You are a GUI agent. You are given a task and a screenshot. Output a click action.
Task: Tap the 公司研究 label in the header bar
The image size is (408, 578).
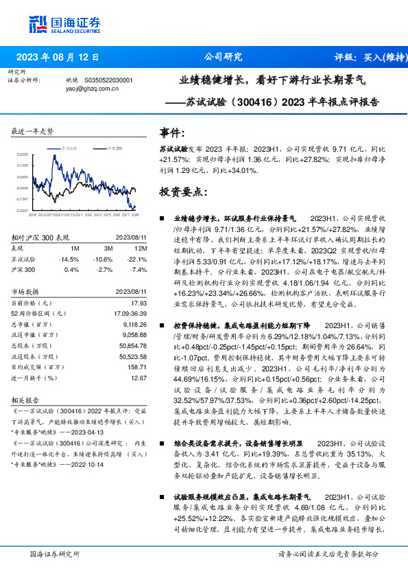click(223, 58)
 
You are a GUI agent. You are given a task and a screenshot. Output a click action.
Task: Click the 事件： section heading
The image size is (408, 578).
click(171, 132)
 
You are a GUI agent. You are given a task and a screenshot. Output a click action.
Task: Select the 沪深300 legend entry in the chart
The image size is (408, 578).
click(114, 148)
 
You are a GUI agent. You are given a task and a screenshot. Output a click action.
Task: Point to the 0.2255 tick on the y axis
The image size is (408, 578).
click(23, 154)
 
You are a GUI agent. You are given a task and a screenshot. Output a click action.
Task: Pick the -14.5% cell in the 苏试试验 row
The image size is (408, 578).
click(70, 259)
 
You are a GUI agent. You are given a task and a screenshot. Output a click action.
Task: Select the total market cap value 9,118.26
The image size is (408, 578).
click(134, 324)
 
